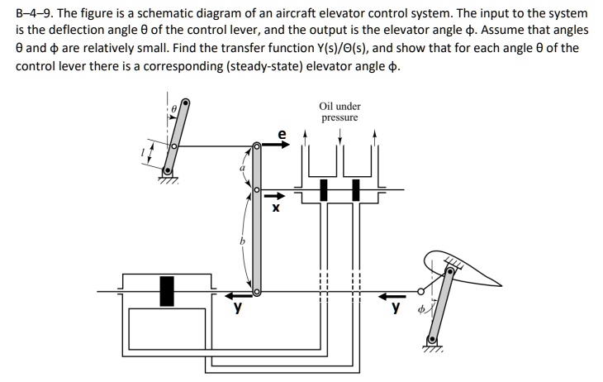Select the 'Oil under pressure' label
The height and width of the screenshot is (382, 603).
339,112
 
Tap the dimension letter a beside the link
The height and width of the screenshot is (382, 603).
242,169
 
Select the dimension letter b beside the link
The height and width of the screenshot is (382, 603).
243,241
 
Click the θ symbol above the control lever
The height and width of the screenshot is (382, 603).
174,107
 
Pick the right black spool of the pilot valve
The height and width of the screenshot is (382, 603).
357,189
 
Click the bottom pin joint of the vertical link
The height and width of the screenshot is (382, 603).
257,291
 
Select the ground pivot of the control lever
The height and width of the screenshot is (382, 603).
169,171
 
